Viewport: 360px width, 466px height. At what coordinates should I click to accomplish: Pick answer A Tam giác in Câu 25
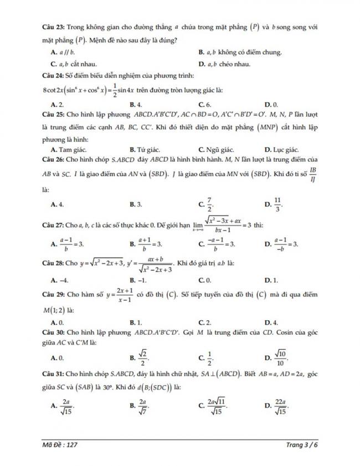pyautogui.click(x=66, y=150)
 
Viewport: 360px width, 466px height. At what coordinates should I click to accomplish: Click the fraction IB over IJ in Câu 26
pyautogui.click(x=313, y=173)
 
